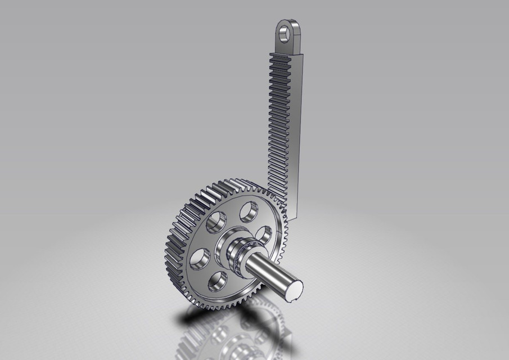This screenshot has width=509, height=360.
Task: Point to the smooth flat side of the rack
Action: [x=301, y=124]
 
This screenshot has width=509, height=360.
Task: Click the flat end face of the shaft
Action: [x=294, y=290]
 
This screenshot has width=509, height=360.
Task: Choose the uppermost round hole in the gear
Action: [x=248, y=211]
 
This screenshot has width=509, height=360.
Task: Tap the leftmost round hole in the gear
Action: [x=199, y=258]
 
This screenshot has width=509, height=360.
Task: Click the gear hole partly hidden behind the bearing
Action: [x=263, y=233]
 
